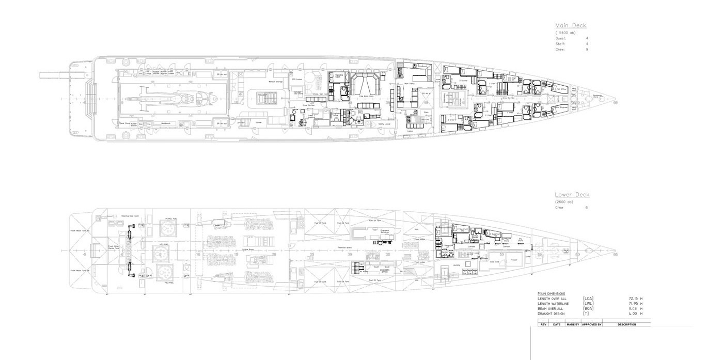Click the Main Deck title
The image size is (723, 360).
(571, 25)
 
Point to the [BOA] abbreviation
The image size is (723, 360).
(588, 308)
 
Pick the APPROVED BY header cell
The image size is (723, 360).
(591, 324)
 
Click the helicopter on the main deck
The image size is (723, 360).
(176, 98)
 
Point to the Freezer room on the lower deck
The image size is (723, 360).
(514, 260)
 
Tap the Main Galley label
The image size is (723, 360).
(410, 83)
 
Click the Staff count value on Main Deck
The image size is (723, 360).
(587, 44)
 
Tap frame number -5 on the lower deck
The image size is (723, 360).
(84, 254)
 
